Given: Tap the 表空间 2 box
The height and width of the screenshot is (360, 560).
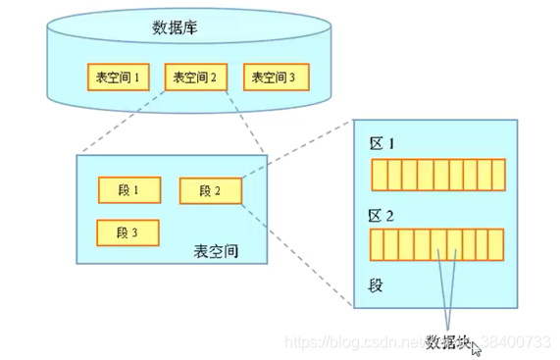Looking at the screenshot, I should [195, 77].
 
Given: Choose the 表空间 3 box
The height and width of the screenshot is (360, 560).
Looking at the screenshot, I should [276, 77].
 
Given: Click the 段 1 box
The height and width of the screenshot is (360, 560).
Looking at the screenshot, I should [128, 189].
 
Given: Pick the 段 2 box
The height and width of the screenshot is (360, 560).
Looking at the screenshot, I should [211, 190].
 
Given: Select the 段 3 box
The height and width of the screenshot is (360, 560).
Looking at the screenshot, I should [128, 232].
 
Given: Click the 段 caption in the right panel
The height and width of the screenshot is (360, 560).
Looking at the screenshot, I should [375, 285].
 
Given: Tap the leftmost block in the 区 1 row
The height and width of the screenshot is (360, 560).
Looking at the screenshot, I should [377, 175].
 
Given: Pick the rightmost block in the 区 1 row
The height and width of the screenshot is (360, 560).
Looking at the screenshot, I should [497, 175].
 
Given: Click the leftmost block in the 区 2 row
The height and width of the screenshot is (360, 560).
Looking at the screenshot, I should [377, 243].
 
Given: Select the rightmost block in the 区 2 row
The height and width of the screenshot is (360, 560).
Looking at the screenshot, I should [496, 243].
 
